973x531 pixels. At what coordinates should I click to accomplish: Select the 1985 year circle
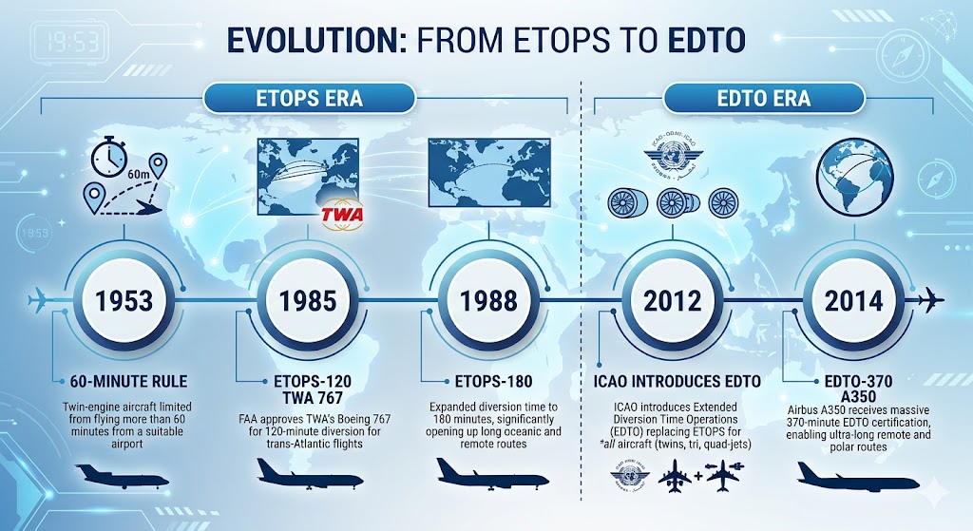(309, 301)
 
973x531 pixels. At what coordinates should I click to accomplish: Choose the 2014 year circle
(854, 301)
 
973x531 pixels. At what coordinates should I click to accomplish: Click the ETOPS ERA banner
(309, 98)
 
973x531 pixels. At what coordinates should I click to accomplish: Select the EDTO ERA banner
(763, 98)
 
